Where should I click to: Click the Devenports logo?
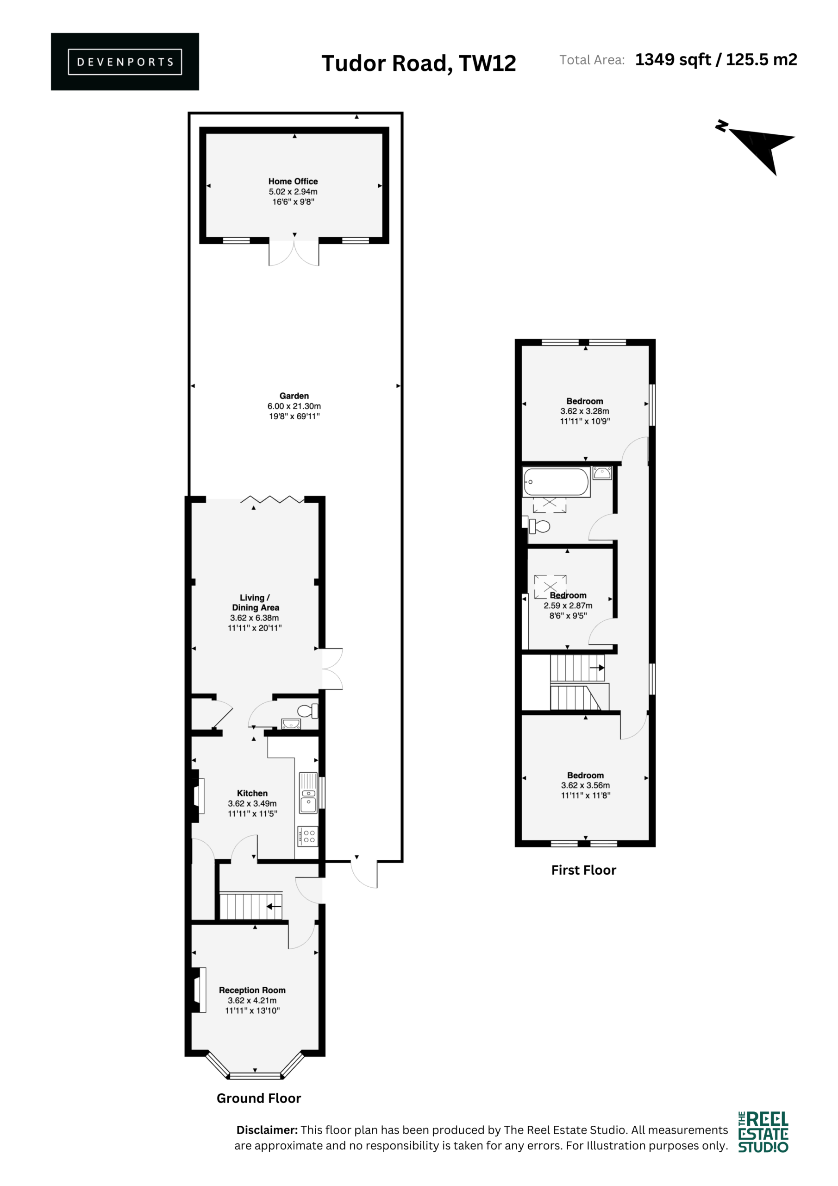[x=125, y=62]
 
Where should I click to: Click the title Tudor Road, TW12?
[x=419, y=63]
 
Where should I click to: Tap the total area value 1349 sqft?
[x=673, y=60]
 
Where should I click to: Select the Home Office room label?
[x=293, y=181]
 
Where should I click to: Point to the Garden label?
[x=294, y=396]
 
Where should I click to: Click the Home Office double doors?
[x=294, y=252]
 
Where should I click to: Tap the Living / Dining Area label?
[x=255, y=602]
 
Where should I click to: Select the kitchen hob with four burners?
[x=308, y=836]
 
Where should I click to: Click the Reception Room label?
[x=252, y=990]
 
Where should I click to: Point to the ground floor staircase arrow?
[x=274, y=906]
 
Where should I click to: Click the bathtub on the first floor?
[x=556, y=482]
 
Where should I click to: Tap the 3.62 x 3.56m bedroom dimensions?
[x=586, y=785]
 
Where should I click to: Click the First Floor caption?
[x=583, y=871]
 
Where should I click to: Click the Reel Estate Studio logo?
[x=763, y=1131]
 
